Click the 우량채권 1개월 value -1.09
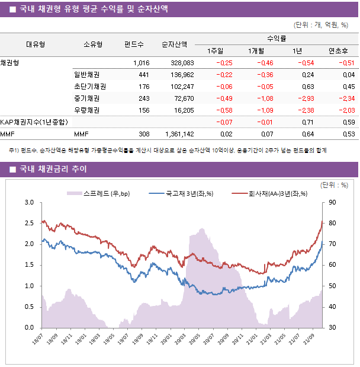pyautogui.click(x=263, y=110)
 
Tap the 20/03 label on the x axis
pyautogui.click(x=181, y=342)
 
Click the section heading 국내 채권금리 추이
pyautogui.click(x=53, y=170)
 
